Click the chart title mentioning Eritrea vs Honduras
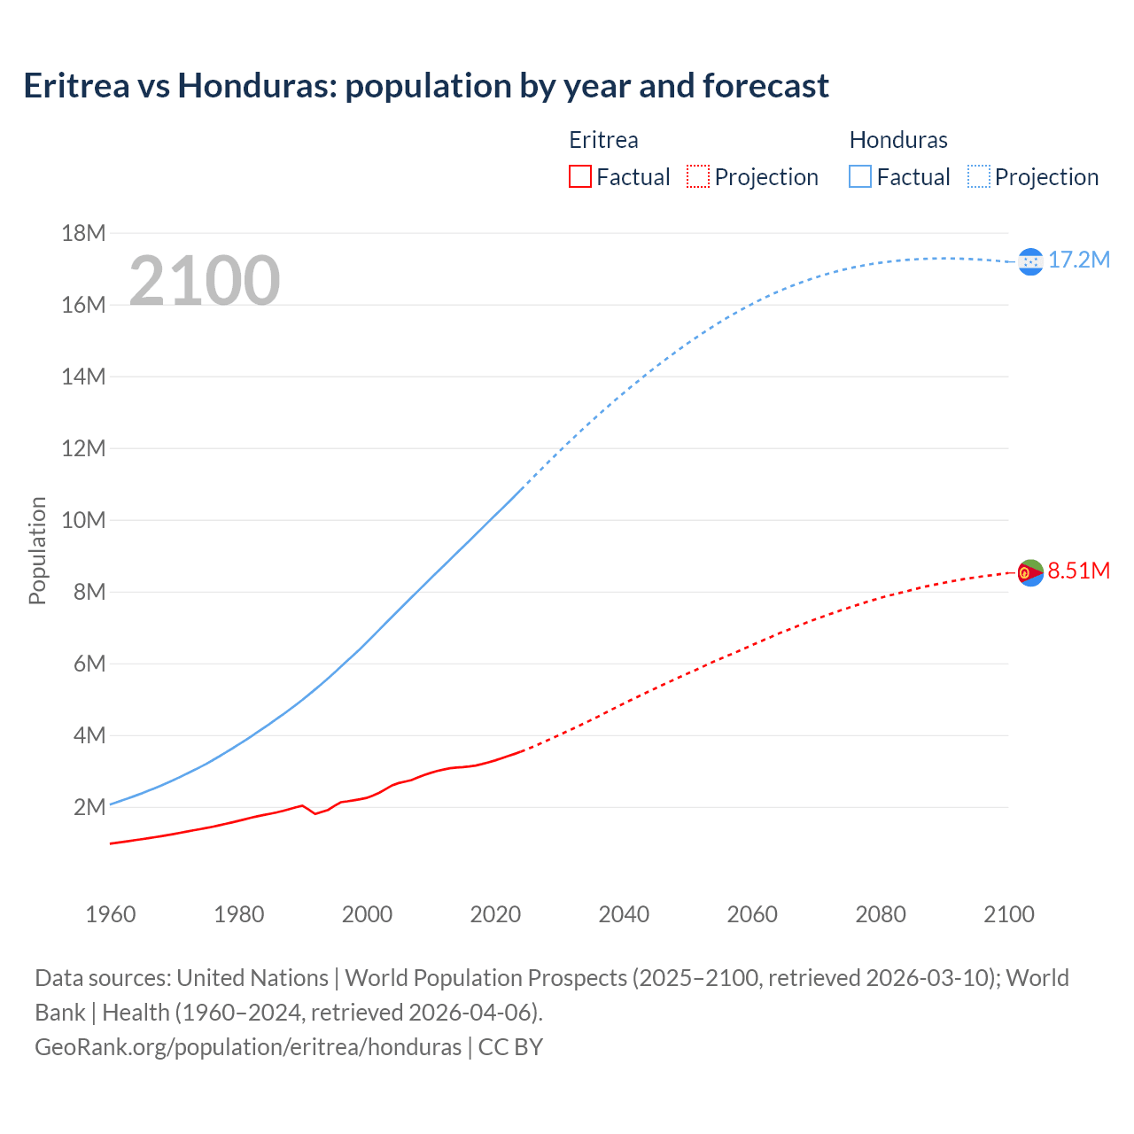(x=426, y=86)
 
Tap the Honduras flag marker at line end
(x=1030, y=261)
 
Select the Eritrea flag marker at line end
(x=1030, y=573)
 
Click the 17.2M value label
(x=1079, y=260)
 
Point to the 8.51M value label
(x=1079, y=571)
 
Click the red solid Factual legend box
(x=580, y=177)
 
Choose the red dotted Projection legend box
(x=698, y=177)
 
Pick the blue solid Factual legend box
(x=860, y=177)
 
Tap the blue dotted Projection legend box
(x=979, y=177)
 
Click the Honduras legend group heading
(x=898, y=140)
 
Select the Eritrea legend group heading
(x=603, y=140)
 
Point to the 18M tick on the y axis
(x=83, y=234)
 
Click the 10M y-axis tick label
(x=83, y=520)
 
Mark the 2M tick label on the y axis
(x=89, y=807)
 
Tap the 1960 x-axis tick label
(x=111, y=914)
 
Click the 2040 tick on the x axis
(x=624, y=914)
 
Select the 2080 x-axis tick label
(x=881, y=914)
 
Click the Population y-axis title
(x=37, y=550)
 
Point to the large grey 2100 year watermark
(x=205, y=281)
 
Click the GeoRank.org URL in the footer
(x=248, y=1047)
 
